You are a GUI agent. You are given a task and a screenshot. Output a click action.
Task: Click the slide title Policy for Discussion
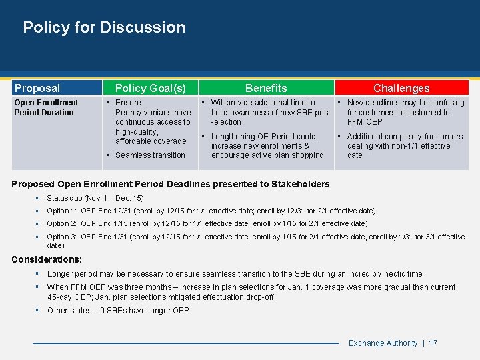(x=104, y=27)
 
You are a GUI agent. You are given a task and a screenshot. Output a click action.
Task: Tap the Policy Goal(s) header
(x=150, y=88)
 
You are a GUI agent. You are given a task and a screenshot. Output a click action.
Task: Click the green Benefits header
(x=266, y=88)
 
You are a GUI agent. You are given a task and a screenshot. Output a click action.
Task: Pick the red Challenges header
(x=401, y=88)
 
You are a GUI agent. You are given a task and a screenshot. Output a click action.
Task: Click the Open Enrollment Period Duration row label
(x=46, y=107)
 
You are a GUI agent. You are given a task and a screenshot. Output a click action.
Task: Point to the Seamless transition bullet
(x=150, y=155)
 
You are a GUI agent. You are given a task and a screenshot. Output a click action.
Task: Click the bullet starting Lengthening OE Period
(x=267, y=146)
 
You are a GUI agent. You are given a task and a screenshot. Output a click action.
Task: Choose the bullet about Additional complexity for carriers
(x=404, y=146)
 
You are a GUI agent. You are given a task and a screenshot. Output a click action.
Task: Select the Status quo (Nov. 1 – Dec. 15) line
(x=95, y=198)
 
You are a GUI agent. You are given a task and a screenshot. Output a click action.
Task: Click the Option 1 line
(x=211, y=211)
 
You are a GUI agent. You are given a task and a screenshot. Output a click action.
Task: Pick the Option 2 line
(x=207, y=223)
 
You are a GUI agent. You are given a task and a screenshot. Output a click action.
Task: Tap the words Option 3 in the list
(x=62, y=237)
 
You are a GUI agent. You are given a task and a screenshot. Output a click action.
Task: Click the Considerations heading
(x=47, y=259)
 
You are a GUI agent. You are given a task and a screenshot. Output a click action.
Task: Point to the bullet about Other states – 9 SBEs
(x=118, y=311)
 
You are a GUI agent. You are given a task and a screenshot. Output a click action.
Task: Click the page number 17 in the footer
(x=433, y=343)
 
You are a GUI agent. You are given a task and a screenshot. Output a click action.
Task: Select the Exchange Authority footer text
(x=383, y=343)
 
